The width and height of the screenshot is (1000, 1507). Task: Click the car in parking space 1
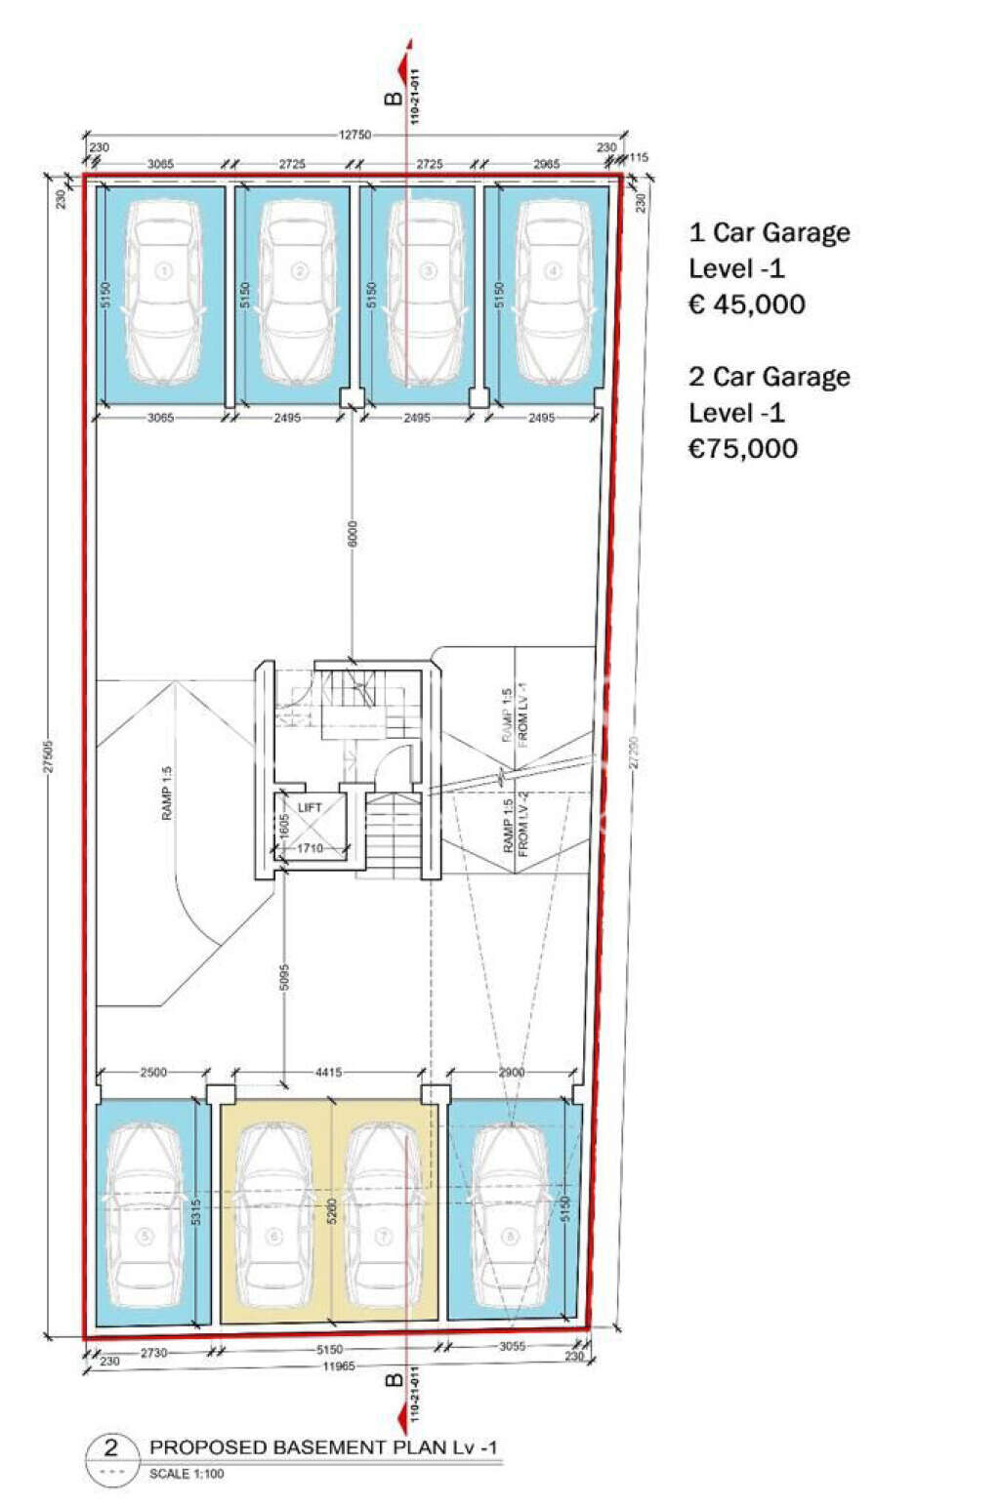pos(164,291)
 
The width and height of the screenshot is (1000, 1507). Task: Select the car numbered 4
pos(553,291)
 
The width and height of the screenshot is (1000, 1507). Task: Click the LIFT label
pos(310,808)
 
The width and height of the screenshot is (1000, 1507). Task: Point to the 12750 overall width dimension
pos(354,135)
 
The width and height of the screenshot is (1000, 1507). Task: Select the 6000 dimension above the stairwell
pos(353,533)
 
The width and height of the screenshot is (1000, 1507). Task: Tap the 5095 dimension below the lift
pos(284,978)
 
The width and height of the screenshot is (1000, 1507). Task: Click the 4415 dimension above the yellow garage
pos(328,1073)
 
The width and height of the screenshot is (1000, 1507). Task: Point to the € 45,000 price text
pos(747,305)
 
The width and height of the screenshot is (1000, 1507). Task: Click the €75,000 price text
pos(743,449)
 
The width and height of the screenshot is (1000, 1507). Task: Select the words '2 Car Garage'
pos(770,377)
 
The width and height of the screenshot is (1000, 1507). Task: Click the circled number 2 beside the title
pos(109,1447)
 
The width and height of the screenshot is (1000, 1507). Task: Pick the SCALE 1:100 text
pos(187,1474)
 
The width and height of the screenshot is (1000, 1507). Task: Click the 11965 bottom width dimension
pos(339,1366)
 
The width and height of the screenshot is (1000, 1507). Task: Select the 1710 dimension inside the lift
pos(310,849)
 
